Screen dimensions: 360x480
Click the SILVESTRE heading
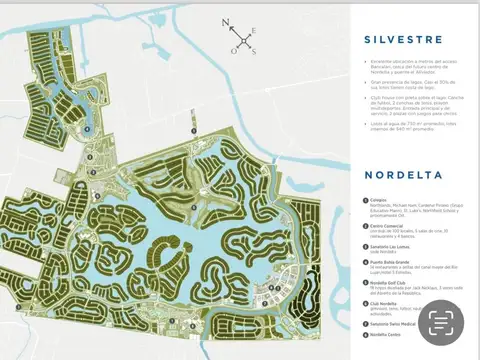point(399,41)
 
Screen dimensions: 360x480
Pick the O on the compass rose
point(233,49)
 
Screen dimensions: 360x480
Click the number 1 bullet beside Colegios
point(365,200)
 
